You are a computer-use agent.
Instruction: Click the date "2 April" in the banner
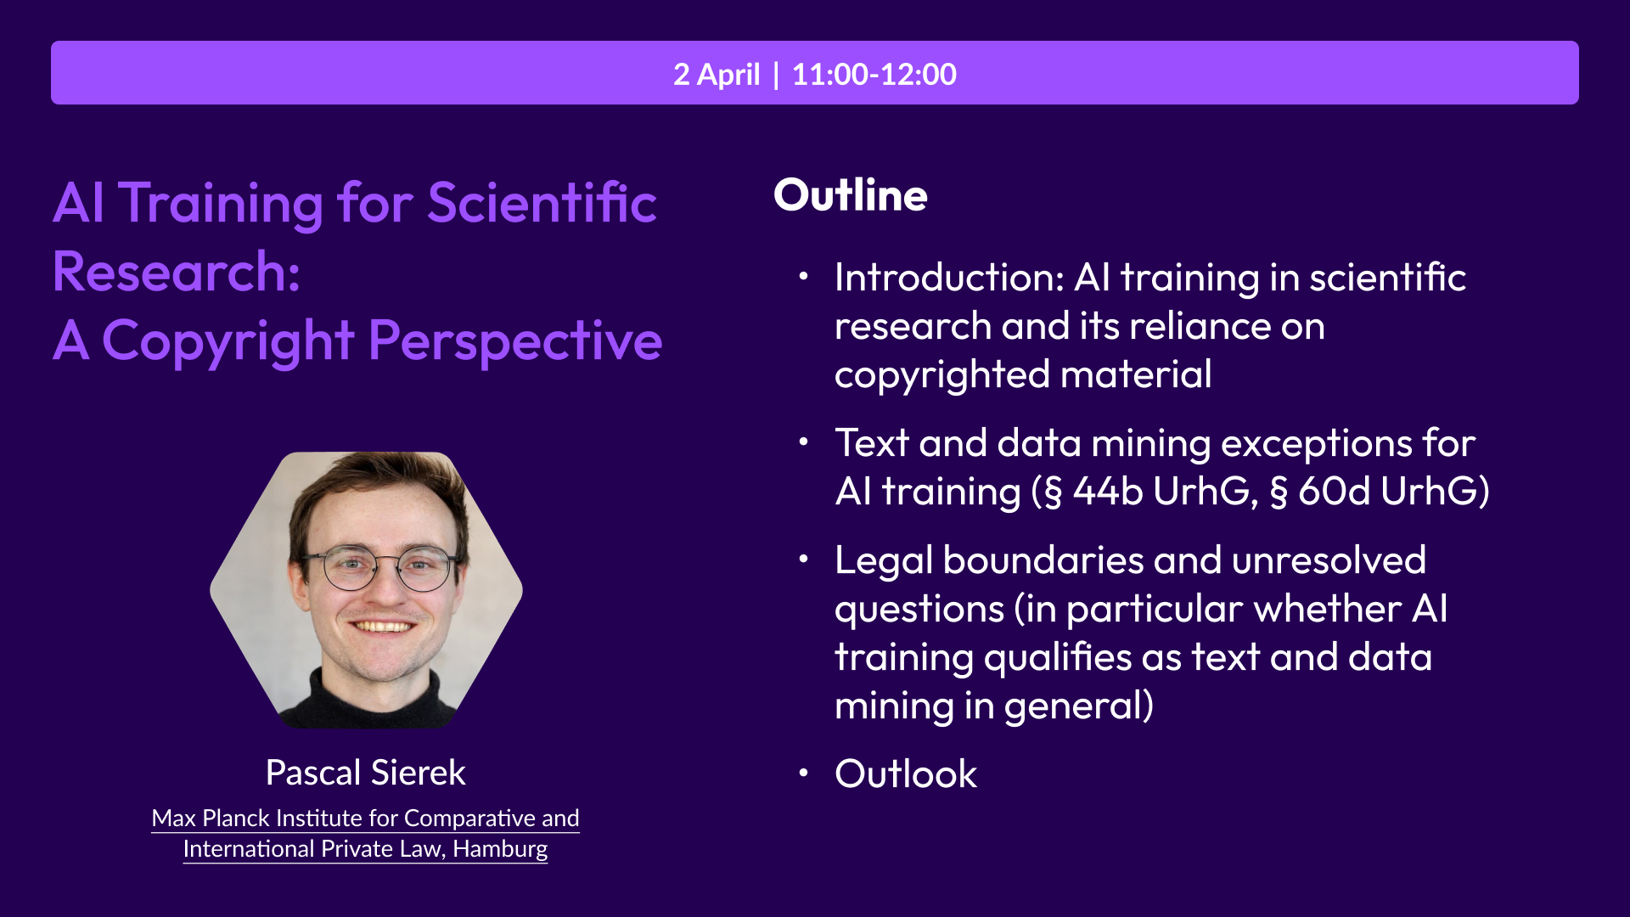[x=717, y=75]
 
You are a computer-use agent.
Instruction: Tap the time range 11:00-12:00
[x=874, y=75]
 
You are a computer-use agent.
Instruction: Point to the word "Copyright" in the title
[x=228, y=343]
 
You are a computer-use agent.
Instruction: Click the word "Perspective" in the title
[x=515, y=343]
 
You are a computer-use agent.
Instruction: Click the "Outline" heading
[x=851, y=195]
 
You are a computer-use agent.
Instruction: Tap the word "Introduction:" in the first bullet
[x=949, y=278]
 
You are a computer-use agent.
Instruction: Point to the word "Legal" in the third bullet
[x=883, y=562]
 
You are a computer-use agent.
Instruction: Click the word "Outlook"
[x=906, y=774]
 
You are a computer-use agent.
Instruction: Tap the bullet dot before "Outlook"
[x=803, y=773]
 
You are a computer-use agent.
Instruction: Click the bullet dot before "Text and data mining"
[x=803, y=442]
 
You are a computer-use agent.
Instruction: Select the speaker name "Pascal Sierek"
[x=366, y=773]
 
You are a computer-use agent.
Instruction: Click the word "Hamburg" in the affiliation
[x=500, y=849]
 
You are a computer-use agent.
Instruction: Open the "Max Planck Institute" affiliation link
[x=366, y=834]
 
